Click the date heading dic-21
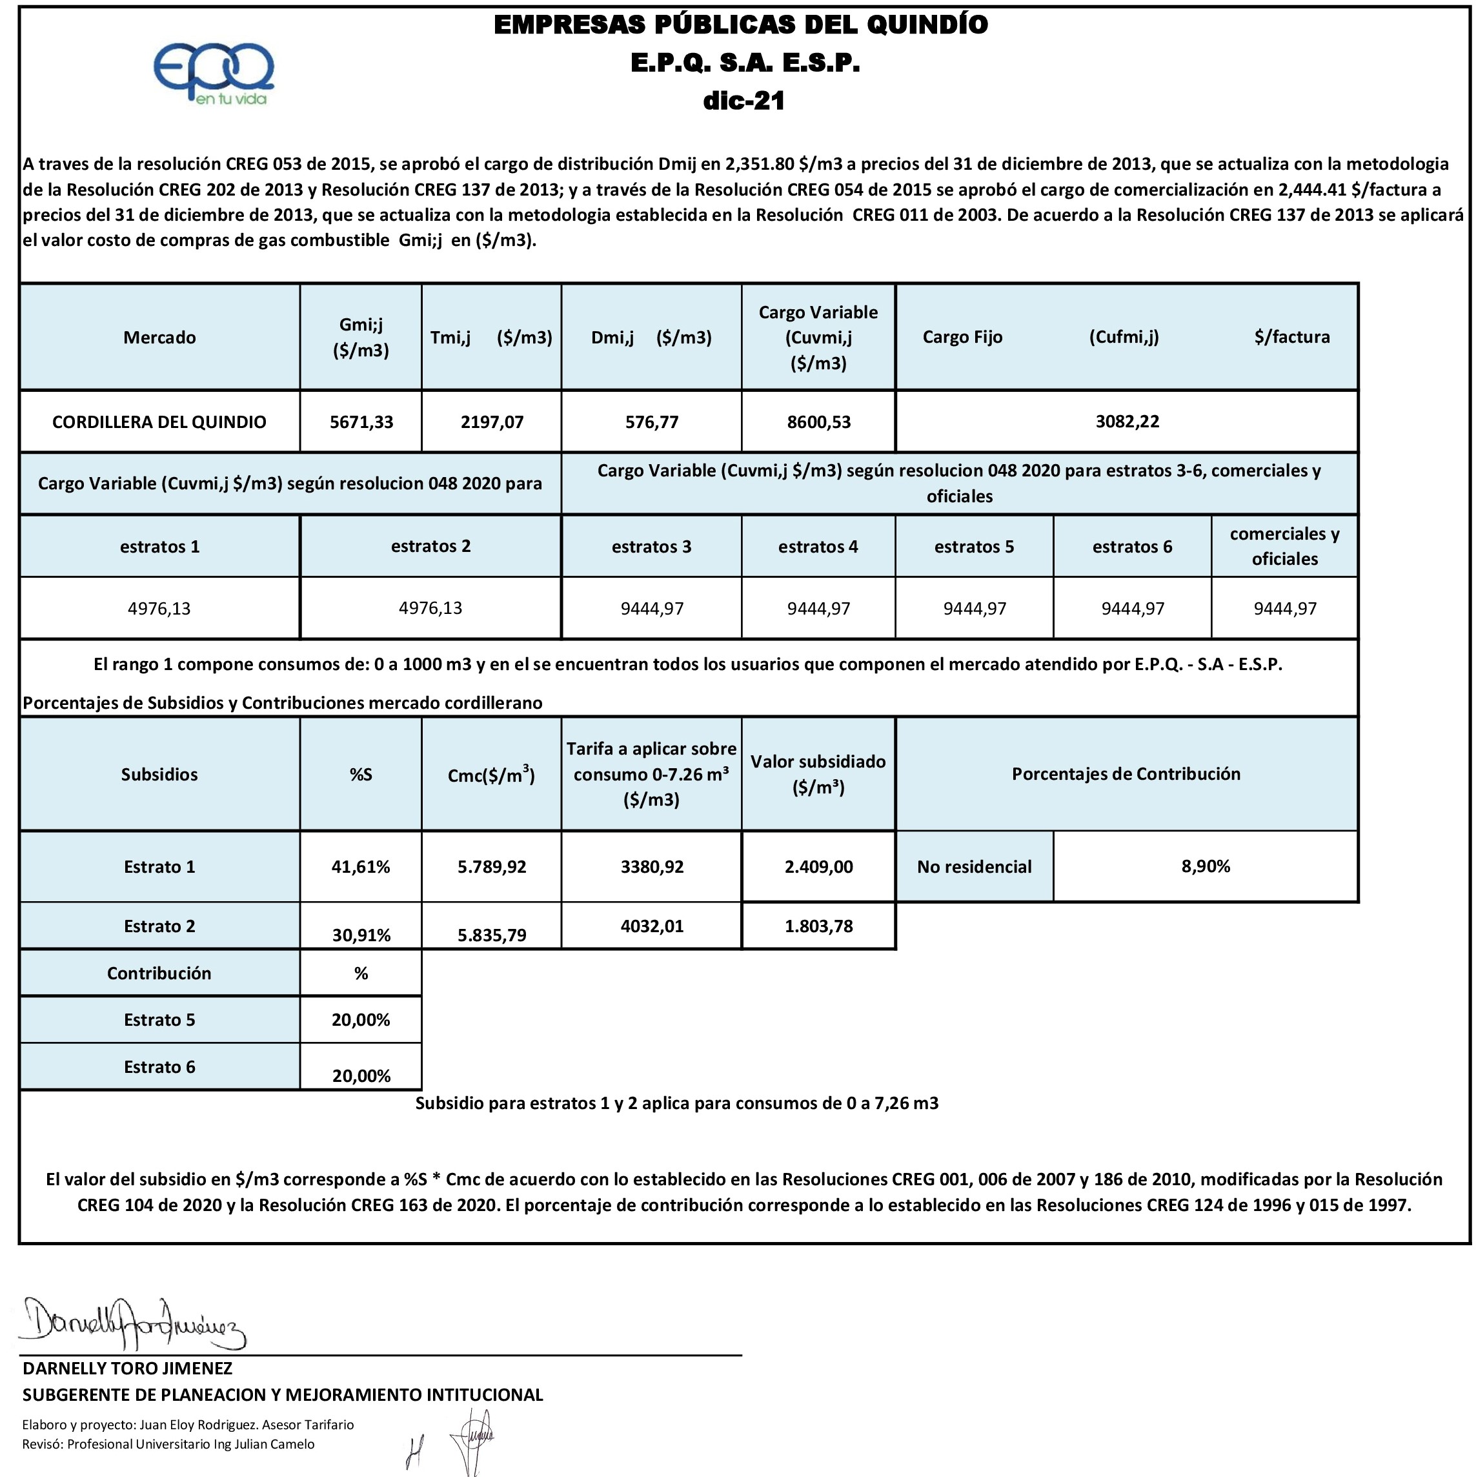pos(743,101)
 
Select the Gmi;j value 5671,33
pos(361,422)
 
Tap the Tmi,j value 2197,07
pos(492,422)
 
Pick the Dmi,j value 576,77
pos(651,422)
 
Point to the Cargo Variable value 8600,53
pos(818,422)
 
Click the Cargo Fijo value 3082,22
pos(1127,422)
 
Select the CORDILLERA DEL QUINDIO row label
pos(159,422)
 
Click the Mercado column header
pos(159,337)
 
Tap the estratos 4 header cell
pos(818,547)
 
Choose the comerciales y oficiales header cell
pos(1284,546)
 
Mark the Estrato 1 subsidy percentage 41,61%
pos(361,867)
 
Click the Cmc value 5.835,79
pos(492,935)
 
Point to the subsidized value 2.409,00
pos(818,867)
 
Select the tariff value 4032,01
pos(651,926)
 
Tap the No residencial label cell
pos(974,867)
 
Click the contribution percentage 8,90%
pos(1206,866)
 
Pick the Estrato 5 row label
pos(159,1020)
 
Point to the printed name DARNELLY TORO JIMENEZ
pos(128,1369)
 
